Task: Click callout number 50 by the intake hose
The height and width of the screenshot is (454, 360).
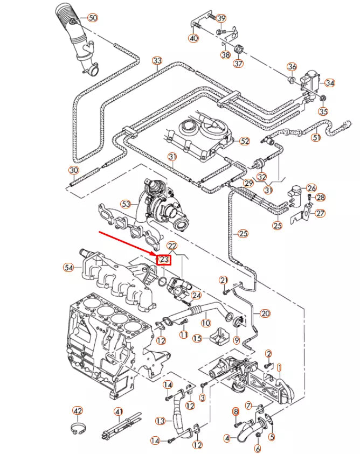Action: [x=93, y=18]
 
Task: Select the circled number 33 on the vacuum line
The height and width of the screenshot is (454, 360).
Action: [x=157, y=60]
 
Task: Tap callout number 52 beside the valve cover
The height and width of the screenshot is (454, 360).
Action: [x=245, y=141]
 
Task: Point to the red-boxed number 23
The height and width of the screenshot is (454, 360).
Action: [x=164, y=260]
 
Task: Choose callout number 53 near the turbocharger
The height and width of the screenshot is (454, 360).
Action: [x=126, y=204]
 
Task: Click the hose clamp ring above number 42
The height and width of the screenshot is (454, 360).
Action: [x=78, y=429]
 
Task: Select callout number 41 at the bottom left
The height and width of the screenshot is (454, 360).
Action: [x=119, y=412]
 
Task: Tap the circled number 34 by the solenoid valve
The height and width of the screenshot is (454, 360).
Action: [x=330, y=83]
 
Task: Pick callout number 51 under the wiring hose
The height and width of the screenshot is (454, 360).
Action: [x=316, y=137]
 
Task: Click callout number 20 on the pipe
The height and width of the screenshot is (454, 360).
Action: [x=265, y=313]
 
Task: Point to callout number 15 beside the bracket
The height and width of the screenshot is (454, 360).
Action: [x=198, y=338]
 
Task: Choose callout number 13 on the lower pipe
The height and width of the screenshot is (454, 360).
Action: [x=160, y=420]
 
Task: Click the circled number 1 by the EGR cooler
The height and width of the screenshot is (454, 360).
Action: [x=279, y=368]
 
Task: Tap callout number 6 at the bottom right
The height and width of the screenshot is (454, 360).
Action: [x=258, y=448]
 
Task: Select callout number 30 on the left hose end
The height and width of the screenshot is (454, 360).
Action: [x=74, y=170]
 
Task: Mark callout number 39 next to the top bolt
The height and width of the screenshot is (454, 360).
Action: [x=221, y=19]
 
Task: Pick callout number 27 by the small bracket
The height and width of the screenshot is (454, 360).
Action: [x=321, y=213]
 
